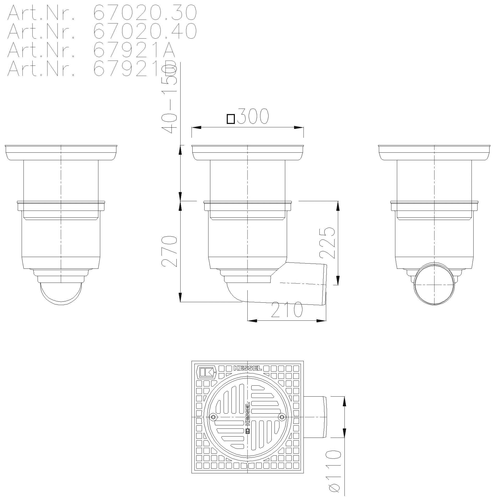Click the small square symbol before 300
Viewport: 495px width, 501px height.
pos(231,119)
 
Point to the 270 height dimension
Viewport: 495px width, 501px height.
pos(169,251)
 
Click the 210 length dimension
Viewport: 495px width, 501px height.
pos(287,310)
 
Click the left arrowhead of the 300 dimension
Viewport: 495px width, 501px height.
pos(196,128)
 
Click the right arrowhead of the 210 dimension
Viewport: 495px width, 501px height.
pos(321,321)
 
